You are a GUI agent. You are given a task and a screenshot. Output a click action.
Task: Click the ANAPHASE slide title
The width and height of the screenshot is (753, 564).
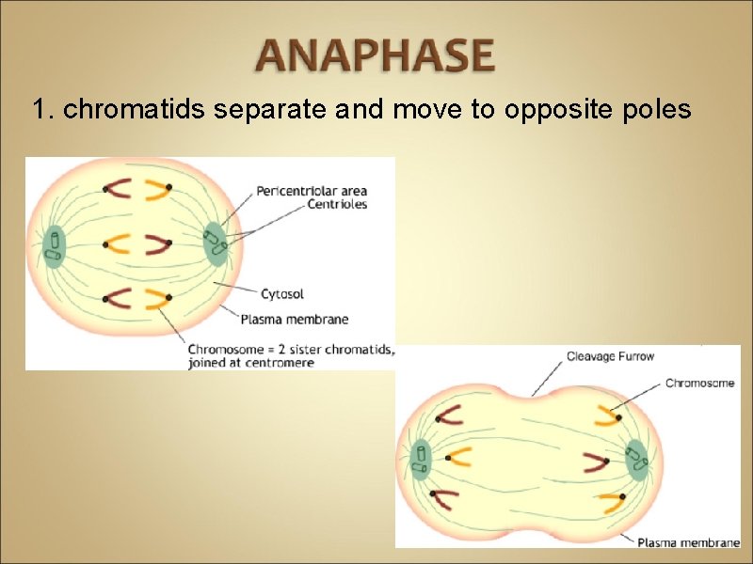click(376, 55)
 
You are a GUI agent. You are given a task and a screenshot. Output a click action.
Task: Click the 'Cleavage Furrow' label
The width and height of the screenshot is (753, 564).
click(610, 356)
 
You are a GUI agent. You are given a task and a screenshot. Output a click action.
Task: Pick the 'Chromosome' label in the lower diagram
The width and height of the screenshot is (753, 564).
click(701, 383)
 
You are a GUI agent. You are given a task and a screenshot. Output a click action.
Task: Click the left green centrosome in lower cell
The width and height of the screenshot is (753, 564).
click(421, 459)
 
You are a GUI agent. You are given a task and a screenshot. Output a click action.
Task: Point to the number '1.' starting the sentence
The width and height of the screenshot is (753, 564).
click(43, 110)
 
